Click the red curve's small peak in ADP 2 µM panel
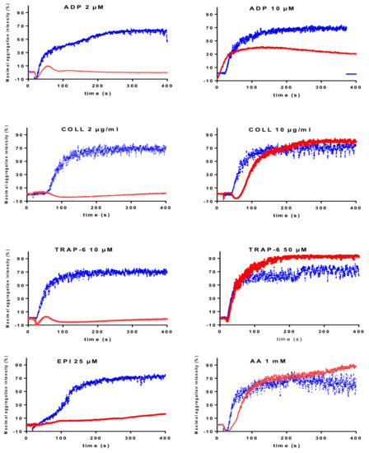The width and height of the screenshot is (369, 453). [48, 66]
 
